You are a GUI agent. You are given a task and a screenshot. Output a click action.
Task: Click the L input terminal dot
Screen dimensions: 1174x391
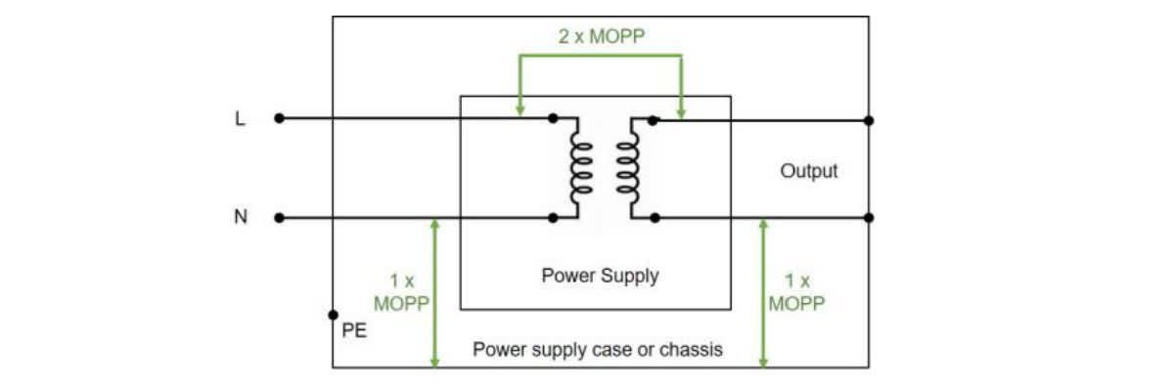pyautogui.click(x=280, y=118)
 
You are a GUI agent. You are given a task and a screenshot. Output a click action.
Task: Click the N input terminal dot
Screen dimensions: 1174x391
pyautogui.click(x=280, y=218)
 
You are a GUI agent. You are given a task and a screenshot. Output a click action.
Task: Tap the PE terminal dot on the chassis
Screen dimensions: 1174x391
pyautogui.click(x=333, y=315)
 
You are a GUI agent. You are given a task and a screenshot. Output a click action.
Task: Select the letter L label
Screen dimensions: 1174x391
pyautogui.click(x=240, y=119)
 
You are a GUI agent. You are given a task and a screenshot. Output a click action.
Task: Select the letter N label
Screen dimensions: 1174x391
pyautogui.click(x=241, y=216)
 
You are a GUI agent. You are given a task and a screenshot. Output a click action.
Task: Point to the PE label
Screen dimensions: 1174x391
pyautogui.click(x=354, y=330)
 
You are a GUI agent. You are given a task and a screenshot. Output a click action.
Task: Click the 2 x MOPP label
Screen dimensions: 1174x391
pyautogui.click(x=601, y=36)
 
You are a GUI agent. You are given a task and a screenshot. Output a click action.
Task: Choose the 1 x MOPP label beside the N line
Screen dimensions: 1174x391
pyautogui.click(x=401, y=292)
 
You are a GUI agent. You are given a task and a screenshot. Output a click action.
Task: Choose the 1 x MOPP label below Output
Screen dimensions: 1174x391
pyautogui.click(x=796, y=292)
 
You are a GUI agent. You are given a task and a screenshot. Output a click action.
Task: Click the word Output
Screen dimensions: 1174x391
pyautogui.click(x=809, y=171)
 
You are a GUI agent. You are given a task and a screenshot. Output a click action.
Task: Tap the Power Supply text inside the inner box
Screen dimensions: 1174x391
pyautogui.click(x=600, y=276)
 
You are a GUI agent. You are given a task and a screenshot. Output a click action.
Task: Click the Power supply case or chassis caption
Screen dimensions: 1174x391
pyautogui.click(x=598, y=349)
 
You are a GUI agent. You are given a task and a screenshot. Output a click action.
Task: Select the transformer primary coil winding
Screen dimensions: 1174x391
pyautogui.click(x=581, y=167)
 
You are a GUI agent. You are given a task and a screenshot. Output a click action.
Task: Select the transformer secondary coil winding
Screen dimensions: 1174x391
pyautogui.click(x=628, y=167)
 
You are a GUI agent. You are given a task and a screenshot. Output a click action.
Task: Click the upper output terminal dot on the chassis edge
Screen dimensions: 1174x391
pyautogui.click(x=869, y=120)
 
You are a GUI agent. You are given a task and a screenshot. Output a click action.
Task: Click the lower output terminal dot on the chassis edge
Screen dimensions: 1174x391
pyautogui.click(x=869, y=218)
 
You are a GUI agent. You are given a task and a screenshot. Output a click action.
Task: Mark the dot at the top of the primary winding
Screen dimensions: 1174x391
pyautogui.click(x=553, y=118)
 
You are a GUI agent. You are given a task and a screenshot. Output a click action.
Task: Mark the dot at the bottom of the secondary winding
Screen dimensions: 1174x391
pyautogui.click(x=655, y=218)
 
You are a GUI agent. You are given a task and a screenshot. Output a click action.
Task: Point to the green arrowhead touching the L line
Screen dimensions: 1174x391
pyautogui.click(x=519, y=109)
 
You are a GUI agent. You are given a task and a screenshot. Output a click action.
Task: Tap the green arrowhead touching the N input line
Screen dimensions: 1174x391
pyautogui.click(x=434, y=225)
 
